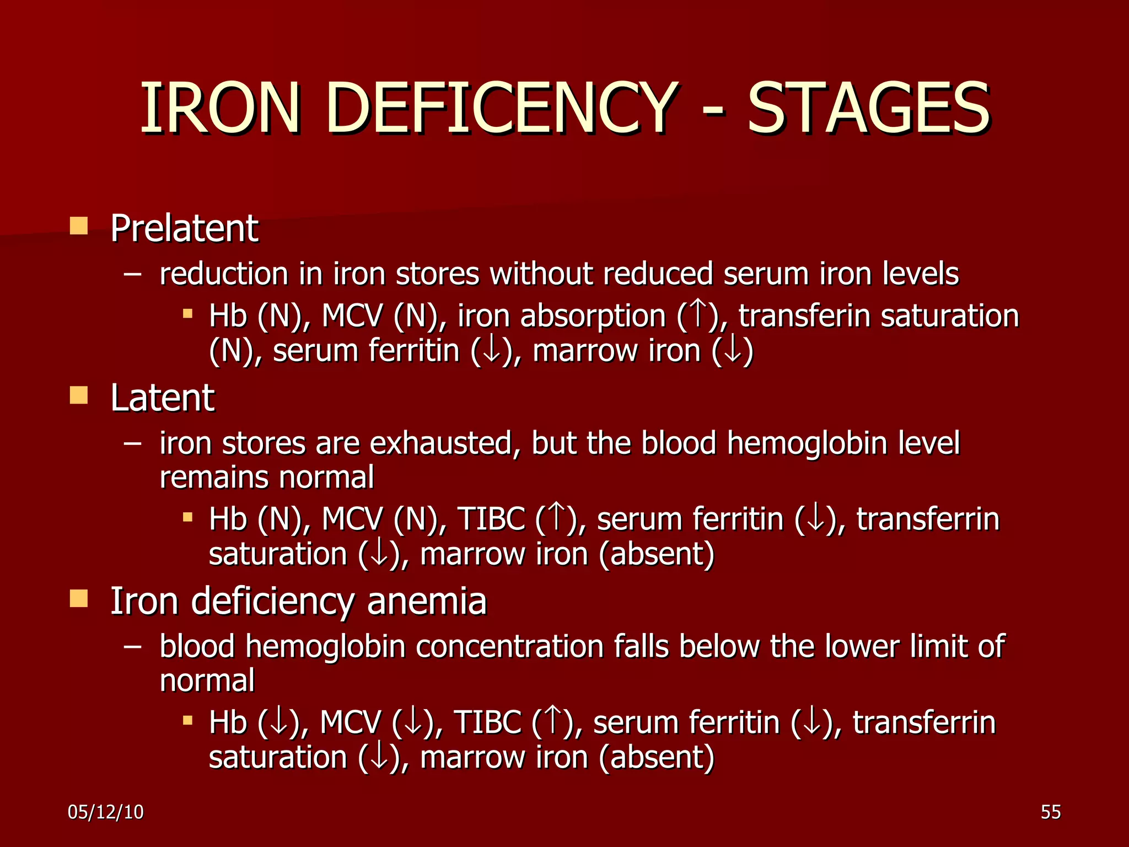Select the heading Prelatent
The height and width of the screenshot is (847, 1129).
184,228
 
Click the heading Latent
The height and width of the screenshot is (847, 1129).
162,398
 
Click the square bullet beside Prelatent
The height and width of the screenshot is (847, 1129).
79,226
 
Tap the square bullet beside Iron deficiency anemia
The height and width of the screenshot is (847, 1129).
79,598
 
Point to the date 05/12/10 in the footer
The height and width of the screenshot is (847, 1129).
105,812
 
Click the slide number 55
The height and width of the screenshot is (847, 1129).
1051,812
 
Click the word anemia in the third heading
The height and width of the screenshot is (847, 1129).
427,601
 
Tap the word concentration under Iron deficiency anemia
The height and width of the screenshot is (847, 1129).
509,646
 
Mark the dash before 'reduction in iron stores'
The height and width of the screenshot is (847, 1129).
133,274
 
